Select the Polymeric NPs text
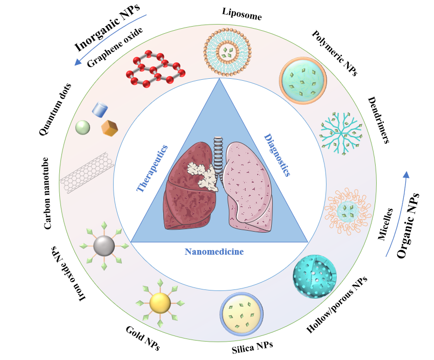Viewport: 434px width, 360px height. (335, 53)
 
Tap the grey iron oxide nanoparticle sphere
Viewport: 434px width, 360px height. (104, 246)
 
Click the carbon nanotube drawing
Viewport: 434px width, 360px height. (87, 172)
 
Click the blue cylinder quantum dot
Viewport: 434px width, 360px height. (100, 109)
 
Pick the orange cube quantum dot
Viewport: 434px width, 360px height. (110, 128)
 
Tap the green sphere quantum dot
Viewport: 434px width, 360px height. (82, 127)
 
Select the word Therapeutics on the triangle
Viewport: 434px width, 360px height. (153, 168)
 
